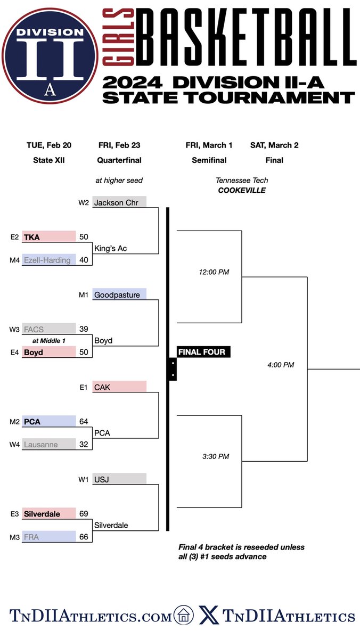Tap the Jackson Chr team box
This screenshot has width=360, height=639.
click(x=119, y=202)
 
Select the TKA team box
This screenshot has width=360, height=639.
click(x=49, y=237)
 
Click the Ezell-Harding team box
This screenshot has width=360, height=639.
click(x=49, y=260)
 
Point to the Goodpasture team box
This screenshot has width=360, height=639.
click(x=119, y=294)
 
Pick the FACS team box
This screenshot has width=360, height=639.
click(x=49, y=329)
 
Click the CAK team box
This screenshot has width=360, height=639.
click(x=119, y=387)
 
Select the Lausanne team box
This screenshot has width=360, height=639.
click(x=49, y=445)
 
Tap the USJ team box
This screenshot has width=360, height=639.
click(x=119, y=479)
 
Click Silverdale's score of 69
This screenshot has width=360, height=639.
click(x=83, y=514)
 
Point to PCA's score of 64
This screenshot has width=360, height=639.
click(x=83, y=422)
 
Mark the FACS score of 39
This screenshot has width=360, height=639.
click(x=83, y=329)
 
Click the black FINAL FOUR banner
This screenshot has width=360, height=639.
click(x=201, y=352)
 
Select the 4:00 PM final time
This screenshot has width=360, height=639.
click(x=281, y=365)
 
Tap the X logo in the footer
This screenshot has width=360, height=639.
click(x=209, y=616)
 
